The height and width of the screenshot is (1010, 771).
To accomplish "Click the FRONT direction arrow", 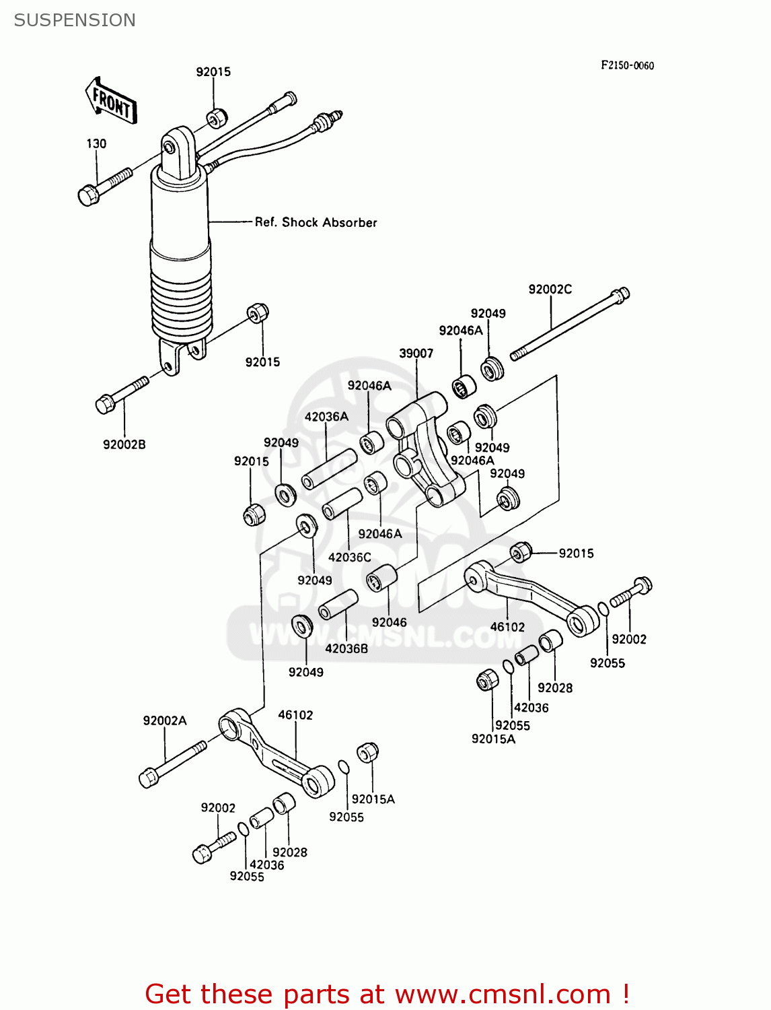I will coord(111,102).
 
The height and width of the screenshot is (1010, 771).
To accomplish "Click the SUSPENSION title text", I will coord(75,20).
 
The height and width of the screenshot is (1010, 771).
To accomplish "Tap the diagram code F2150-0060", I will coord(627,65).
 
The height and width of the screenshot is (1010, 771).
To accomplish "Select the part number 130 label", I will coord(96,143).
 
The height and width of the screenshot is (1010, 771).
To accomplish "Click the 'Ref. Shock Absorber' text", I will coord(316,222).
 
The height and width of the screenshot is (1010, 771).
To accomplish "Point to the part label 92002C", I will coord(550,290).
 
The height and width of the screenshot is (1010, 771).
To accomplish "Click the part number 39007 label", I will coord(416,353).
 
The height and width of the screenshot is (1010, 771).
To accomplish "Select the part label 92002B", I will coord(124,444).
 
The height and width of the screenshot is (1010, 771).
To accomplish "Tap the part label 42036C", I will coord(349,557).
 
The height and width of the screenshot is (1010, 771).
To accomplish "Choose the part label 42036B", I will coord(346,648).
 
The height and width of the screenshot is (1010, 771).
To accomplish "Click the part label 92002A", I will coord(165,720).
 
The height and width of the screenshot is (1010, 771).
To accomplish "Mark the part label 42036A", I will coord(326,417).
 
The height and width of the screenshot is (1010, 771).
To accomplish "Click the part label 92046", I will coord(389,622).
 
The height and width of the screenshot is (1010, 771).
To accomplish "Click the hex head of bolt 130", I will coord(88,196).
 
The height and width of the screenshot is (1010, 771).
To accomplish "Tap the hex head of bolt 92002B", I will coord(105,405).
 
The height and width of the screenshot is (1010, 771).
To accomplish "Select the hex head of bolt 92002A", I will coord(148,778).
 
